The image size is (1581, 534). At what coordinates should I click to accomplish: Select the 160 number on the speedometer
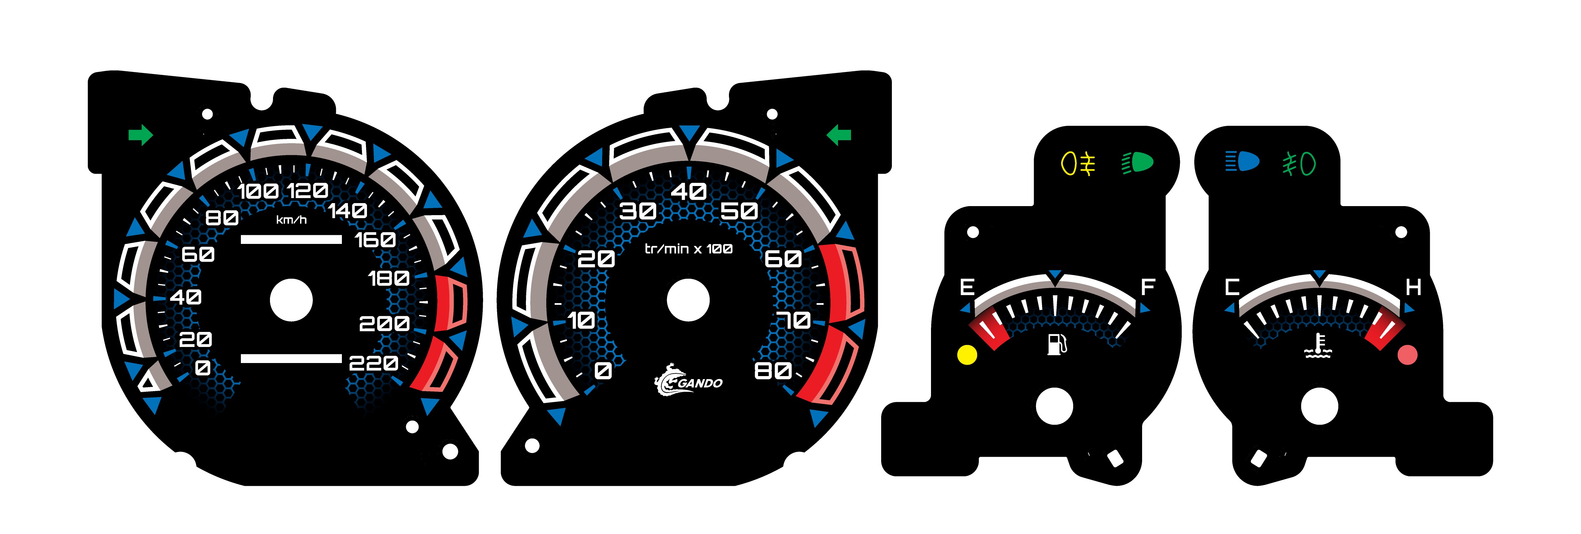click(375, 239)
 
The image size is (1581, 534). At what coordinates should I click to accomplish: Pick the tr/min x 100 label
click(688, 249)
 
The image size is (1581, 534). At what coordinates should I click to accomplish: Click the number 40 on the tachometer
click(688, 191)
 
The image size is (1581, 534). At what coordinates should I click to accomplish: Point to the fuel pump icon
click(1056, 344)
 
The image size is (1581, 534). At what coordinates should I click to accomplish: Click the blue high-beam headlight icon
click(1242, 162)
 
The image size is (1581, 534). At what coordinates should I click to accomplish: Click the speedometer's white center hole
click(291, 300)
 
